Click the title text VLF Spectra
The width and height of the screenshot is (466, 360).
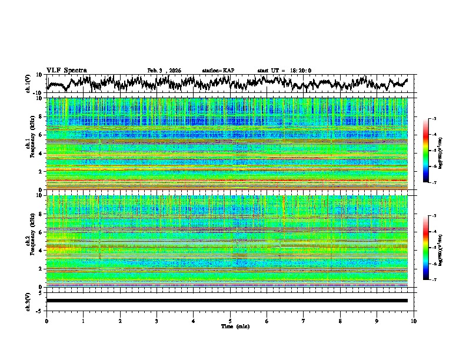tap(66, 70)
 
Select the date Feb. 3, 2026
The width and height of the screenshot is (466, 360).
tap(164, 70)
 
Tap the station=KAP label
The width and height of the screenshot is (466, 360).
tap(218, 70)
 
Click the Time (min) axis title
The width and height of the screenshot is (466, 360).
tap(230, 326)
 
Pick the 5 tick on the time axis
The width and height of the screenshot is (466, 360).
tap(230, 321)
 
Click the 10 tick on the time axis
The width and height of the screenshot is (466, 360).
tap(414, 321)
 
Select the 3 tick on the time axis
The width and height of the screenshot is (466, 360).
tap(157, 321)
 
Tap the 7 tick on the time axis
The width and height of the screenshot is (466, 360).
tap(304, 321)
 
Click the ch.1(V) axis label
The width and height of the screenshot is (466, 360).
tap(29, 84)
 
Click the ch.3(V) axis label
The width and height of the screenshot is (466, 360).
tap(29, 301)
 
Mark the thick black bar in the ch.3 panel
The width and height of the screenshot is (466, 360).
tap(227, 301)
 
